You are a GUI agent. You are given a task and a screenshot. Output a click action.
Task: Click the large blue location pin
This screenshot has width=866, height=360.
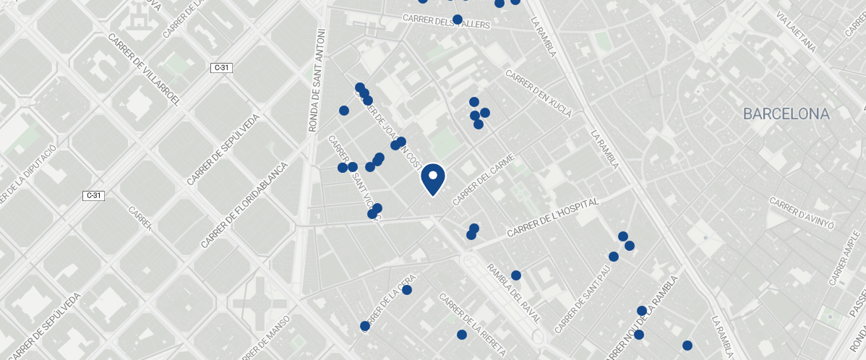[432, 179]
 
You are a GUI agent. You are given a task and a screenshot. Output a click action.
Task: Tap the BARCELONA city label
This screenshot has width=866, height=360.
[786, 114]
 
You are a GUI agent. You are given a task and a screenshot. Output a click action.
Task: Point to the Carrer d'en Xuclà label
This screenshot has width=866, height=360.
[539, 93]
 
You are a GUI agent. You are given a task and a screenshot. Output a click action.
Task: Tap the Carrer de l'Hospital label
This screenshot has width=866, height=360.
[554, 218]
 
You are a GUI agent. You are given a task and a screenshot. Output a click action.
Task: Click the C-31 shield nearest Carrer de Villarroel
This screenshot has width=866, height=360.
[221, 67]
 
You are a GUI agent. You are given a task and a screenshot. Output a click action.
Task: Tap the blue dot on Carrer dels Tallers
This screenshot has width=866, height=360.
[457, 19]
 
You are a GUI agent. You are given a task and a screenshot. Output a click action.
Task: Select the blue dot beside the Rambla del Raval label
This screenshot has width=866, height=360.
[516, 275]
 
